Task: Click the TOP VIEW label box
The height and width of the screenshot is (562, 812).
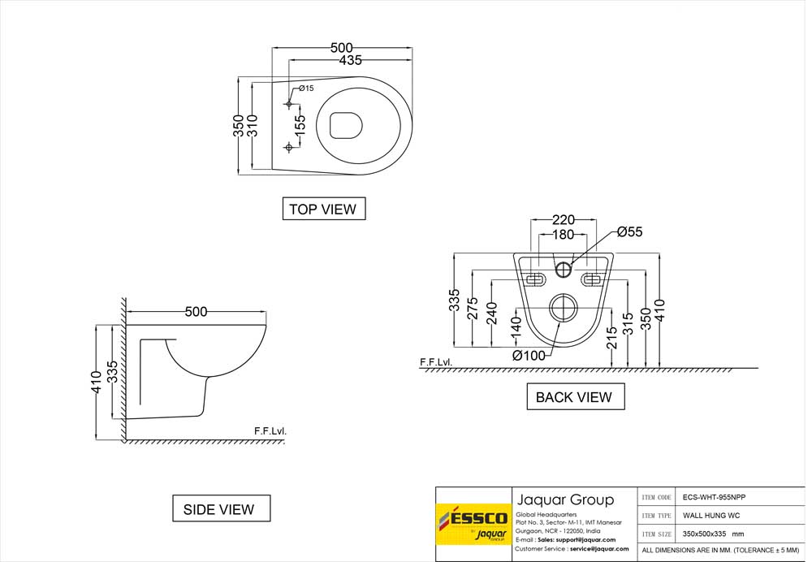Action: coord(322,209)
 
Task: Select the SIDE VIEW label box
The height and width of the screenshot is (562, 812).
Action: coord(218,509)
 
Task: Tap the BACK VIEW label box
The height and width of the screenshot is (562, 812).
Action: coord(573,397)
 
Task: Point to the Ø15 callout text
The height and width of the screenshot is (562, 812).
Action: coord(306,88)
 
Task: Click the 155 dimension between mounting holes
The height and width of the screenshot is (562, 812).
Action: coord(300,125)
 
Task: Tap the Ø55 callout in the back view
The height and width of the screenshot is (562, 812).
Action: coord(629,232)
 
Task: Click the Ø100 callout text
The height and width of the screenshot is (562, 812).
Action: coord(529,354)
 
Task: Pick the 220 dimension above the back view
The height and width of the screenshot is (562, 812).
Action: coord(564,219)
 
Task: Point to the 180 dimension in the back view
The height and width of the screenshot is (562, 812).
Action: coord(564,235)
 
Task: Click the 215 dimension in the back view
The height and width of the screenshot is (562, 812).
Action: coord(611,338)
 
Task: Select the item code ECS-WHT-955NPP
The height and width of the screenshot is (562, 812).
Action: coord(715,496)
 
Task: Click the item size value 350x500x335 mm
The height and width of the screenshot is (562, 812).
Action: coord(714,534)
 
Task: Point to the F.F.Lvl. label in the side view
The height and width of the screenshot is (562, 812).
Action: coord(270,431)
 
